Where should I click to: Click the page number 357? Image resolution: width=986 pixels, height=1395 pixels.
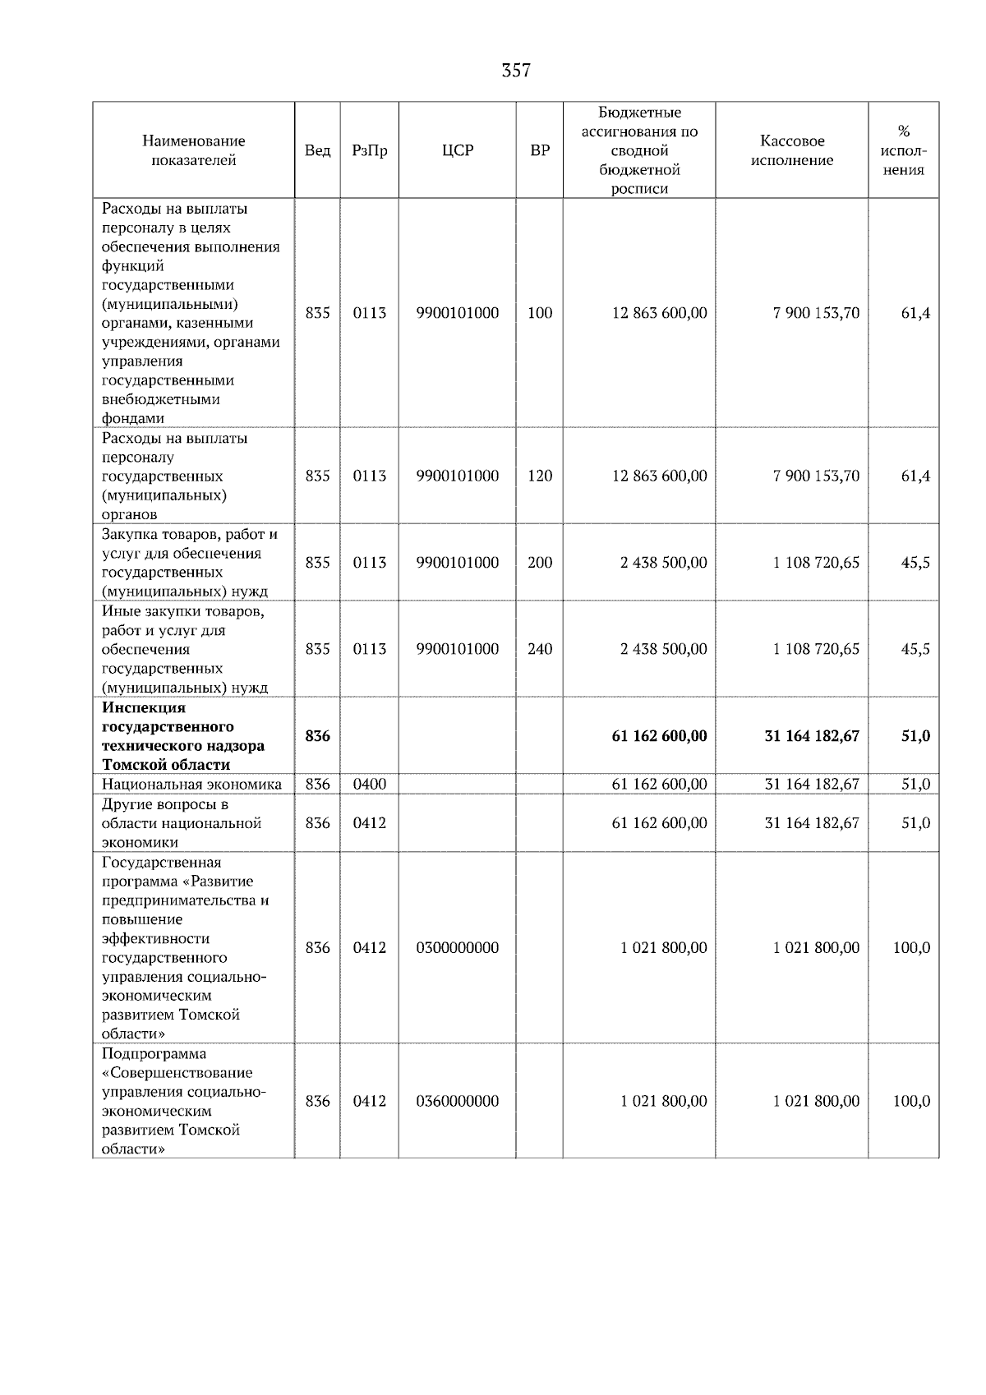click(516, 71)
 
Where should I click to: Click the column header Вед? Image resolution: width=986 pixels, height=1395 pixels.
click(317, 150)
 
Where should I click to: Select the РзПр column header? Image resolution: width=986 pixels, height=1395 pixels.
click(370, 150)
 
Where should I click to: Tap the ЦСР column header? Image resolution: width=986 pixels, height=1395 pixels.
click(458, 150)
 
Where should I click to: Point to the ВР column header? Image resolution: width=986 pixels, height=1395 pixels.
click(540, 150)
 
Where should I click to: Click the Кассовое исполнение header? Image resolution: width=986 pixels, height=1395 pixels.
click(791, 150)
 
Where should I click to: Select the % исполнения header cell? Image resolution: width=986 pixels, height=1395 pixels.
click(904, 150)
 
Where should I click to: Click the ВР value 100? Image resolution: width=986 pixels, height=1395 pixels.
click(540, 313)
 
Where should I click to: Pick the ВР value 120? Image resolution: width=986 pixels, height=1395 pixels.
click(540, 476)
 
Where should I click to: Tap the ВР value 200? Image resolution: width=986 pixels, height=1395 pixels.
click(540, 563)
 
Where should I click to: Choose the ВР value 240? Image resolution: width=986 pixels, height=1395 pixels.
click(540, 649)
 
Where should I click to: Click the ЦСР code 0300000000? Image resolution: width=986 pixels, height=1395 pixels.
click(458, 948)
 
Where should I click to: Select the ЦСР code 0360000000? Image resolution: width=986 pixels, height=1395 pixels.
click(458, 1101)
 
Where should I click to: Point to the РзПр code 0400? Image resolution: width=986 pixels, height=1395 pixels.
click(370, 784)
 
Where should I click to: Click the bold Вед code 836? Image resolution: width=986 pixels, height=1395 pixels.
click(317, 736)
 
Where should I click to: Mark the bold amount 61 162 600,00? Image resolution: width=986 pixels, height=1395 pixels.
click(659, 736)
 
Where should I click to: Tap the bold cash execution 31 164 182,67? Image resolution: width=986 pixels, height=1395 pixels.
click(812, 736)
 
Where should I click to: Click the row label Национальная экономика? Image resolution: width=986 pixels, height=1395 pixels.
click(191, 784)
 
